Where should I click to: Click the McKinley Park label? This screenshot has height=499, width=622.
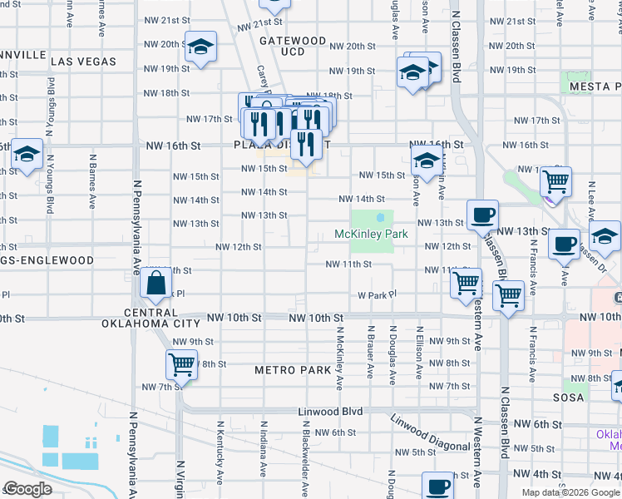[371, 235]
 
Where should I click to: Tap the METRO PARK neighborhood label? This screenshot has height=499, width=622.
[293, 369]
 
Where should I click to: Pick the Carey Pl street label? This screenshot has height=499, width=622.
[261, 79]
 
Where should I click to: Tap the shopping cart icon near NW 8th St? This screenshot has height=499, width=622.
[180, 363]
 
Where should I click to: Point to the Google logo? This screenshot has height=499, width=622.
[28, 489]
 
